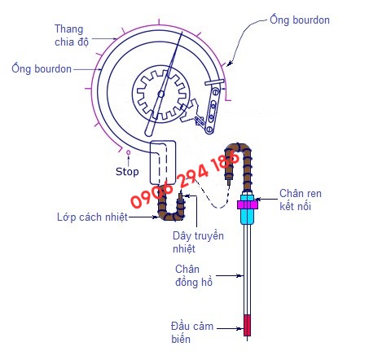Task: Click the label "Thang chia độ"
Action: tap(72, 35)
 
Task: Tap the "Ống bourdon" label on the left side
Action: tap(42, 68)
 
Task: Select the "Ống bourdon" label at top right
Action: tap(300, 20)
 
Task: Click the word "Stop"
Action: tap(127, 172)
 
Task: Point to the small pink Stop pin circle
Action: tap(129, 152)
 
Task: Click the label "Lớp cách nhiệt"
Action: tap(92, 217)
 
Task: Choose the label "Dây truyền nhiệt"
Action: tap(198, 242)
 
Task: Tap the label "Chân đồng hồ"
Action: tap(194, 275)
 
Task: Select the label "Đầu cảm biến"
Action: tap(192, 332)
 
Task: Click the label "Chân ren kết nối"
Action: tap(301, 200)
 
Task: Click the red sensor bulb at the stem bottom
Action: tap(247, 325)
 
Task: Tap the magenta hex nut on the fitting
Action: tap(248, 204)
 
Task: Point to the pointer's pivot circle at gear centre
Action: tap(161, 94)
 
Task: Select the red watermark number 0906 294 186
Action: tap(186, 179)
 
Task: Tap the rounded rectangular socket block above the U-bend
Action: tap(163, 162)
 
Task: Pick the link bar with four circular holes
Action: tap(213, 110)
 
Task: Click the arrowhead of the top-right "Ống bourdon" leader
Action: tap(230, 64)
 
